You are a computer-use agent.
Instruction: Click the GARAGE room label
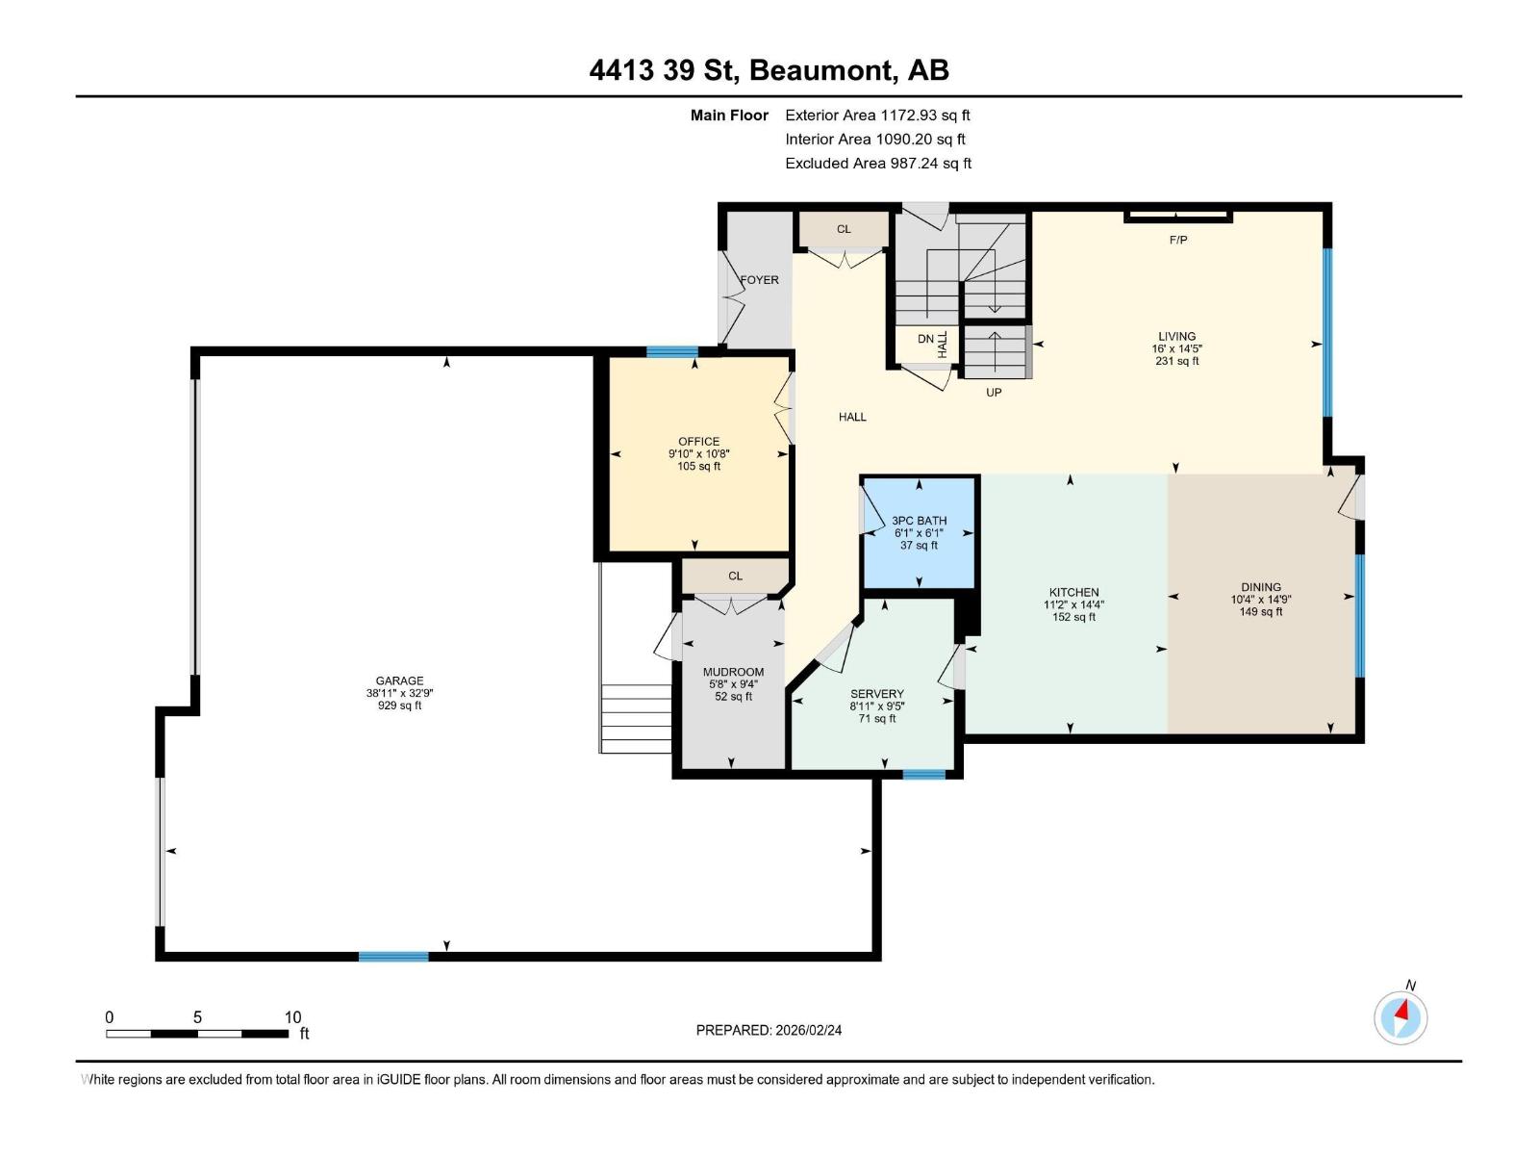[x=399, y=680]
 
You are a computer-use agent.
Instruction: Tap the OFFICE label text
[x=698, y=442]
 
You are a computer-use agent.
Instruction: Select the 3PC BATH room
[x=920, y=532]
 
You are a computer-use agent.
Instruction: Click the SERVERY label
[x=877, y=694]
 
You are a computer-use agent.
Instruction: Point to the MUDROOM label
[x=733, y=672]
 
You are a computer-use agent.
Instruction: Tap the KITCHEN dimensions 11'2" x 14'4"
[x=1074, y=605]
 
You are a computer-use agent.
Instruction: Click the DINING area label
[x=1260, y=586]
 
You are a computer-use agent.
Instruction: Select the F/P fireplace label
[x=1178, y=240]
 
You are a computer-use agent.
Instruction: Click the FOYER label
[x=759, y=280]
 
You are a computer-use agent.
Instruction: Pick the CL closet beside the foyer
[x=844, y=229]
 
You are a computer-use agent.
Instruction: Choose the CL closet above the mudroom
[x=735, y=576]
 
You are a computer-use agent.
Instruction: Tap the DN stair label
[x=924, y=339]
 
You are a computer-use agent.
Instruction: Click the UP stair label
[x=994, y=393]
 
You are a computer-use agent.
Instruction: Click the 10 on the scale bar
[x=292, y=1016]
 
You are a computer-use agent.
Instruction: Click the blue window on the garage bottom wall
[x=393, y=956]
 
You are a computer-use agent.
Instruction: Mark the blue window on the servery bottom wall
[x=923, y=773]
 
